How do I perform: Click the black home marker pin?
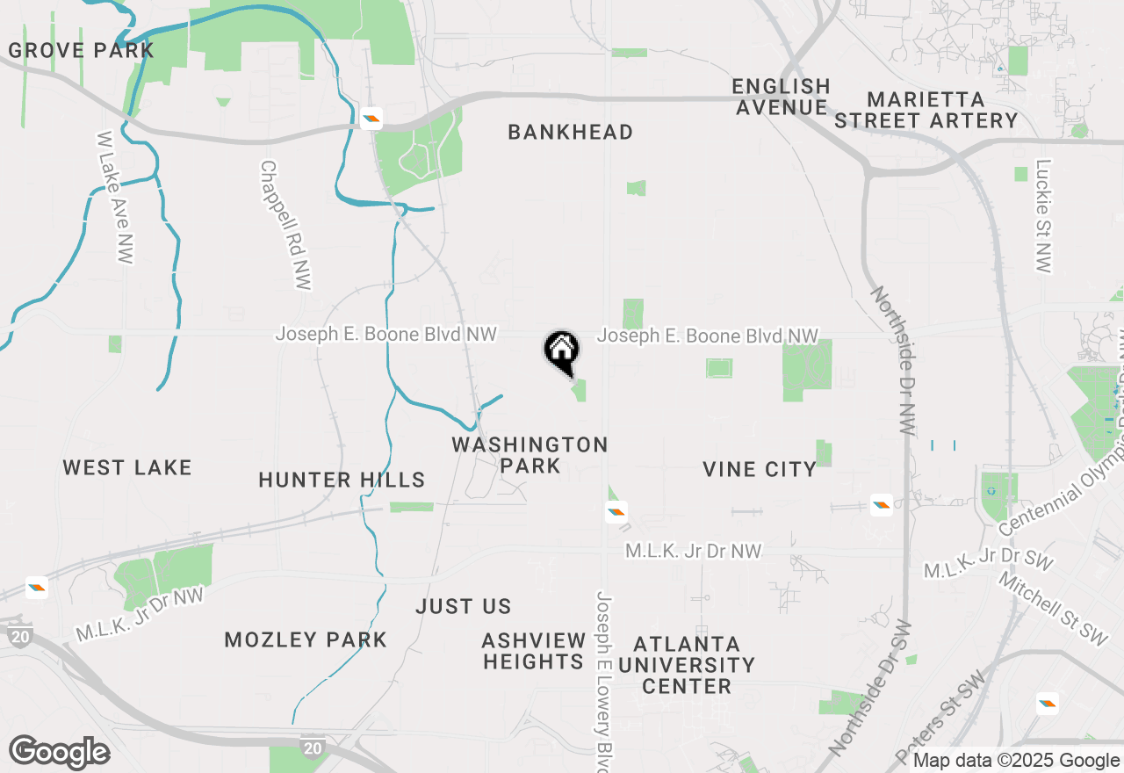coord(562,352)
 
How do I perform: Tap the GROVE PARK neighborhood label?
coord(81,50)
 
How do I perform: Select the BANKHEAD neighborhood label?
coord(570,133)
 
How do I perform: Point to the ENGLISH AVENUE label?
coord(782,97)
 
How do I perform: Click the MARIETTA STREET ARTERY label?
coord(926,110)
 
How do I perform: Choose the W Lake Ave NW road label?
coord(115,198)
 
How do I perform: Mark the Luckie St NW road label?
coord(1043,215)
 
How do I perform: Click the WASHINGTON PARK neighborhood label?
coord(530,455)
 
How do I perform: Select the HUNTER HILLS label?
coord(342,480)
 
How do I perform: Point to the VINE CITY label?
coord(760,470)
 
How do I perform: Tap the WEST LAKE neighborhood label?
coord(127,468)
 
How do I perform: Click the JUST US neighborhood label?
coord(463,607)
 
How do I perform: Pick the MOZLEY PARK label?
coord(306,639)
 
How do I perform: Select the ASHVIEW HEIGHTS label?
coord(534,651)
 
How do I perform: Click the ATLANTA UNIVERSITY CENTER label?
coord(686,665)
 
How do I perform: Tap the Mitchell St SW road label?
coord(1054,608)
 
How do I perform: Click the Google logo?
coord(60,752)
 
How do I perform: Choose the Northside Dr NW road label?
coord(892,360)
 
